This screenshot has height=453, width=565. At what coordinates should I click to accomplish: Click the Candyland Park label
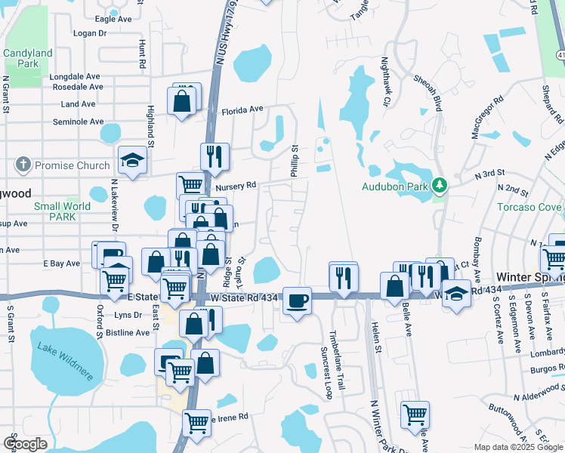(28, 59)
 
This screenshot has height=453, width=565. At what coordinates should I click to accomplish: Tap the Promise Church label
(72, 165)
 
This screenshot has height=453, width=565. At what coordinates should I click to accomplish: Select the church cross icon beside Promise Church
(23, 165)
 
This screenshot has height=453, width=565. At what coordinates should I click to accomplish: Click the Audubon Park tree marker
(439, 185)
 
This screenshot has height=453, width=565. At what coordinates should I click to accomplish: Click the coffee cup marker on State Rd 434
(298, 300)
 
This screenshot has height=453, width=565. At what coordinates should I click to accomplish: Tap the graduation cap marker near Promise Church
(132, 161)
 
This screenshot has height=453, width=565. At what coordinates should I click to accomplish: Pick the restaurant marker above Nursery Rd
(215, 156)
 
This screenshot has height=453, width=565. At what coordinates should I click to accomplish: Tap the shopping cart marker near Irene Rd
(196, 423)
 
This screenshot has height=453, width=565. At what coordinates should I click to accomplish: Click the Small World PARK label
(62, 211)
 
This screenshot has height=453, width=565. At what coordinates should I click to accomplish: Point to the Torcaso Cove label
(529, 207)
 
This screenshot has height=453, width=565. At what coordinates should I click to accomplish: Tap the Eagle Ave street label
(113, 19)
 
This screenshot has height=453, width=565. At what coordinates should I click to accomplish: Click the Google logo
(24, 444)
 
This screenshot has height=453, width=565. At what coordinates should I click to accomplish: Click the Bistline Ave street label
(129, 332)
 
